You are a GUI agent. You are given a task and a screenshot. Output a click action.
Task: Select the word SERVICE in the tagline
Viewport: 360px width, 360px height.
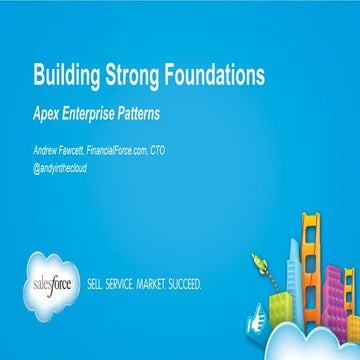click(130, 283)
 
